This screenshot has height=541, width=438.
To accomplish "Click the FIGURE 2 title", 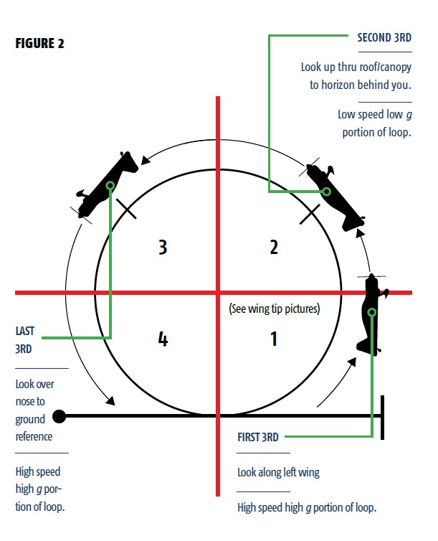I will point(40,43).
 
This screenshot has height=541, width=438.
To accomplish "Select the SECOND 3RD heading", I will point(384,37).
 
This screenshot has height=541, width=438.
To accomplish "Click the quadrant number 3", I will point(163,247).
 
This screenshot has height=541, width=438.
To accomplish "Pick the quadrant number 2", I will point(273,247).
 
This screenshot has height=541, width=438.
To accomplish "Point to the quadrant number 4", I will point(163,338).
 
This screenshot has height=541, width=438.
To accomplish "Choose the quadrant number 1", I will point(273,338).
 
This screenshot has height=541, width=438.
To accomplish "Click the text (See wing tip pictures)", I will point(274,309).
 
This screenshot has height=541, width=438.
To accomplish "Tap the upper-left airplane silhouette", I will point(108,185).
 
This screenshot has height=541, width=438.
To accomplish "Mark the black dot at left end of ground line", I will point(60,415).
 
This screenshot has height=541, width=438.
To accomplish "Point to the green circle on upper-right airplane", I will point(326,192).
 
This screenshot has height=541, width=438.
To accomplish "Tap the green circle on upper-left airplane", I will point(110,186).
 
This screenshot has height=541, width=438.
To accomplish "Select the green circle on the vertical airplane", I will point(372,312).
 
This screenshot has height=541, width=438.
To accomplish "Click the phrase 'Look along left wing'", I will point(278,473).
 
